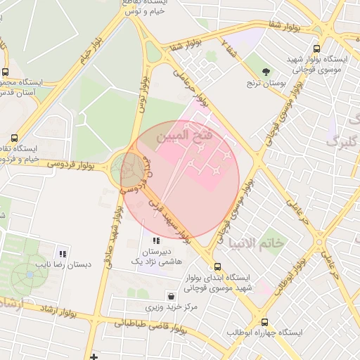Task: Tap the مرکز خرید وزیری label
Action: point(172,307)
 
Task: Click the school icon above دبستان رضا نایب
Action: point(63,254)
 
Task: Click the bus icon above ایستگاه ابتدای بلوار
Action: point(217,267)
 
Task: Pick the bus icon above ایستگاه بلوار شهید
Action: point(316,49)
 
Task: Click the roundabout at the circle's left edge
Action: point(127,169)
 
